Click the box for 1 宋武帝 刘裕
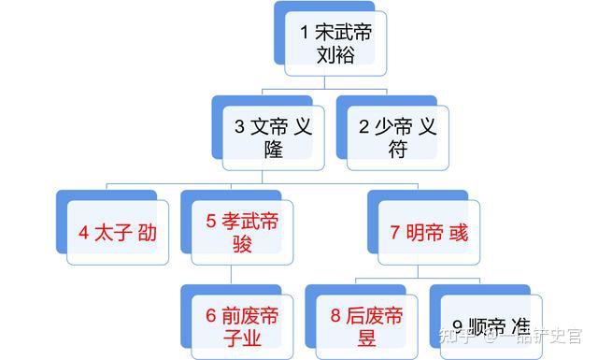click(x=335, y=44)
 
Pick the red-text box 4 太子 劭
click(x=118, y=232)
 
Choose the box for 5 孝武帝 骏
click(x=242, y=232)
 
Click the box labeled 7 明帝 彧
click(x=429, y=232)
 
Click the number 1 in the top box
click(x=305, y=32)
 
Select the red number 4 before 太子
click(x=83, y=233)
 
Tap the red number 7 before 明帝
click(x=394, y=233)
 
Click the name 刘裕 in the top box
click(x=335, y=55)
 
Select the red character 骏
click(x=242, y=244)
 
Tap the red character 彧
click(x=458, y=233)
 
